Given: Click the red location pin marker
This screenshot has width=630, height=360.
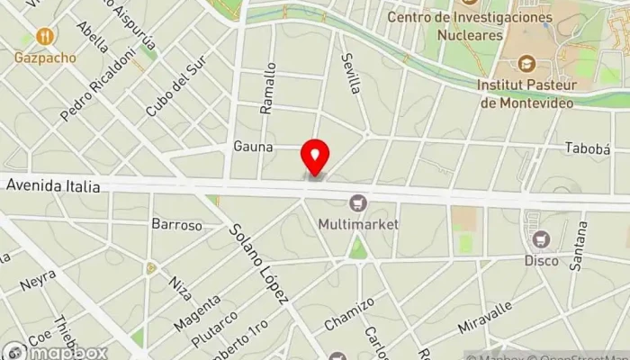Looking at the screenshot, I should pos(315,157).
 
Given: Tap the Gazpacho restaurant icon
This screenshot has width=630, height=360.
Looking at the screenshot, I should pos(45,37).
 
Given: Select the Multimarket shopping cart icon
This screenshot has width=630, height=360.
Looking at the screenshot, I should pos(358,203).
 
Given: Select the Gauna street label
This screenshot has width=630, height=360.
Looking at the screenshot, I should pos(252,146).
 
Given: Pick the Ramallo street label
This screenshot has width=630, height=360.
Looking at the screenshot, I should pos(268,88).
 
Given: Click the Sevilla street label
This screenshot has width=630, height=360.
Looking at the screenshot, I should pos(350,72).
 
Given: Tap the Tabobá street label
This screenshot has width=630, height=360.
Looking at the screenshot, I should pos(587,148).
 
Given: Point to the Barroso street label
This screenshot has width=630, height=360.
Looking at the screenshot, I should pos(176,224).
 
